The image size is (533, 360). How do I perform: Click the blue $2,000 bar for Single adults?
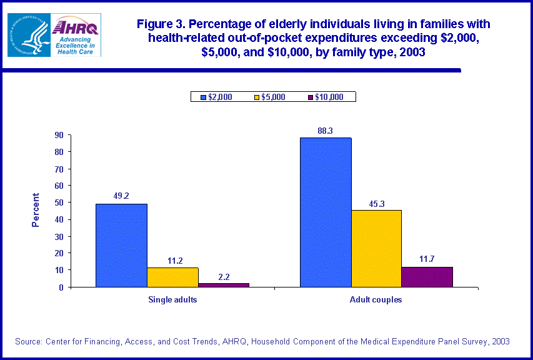pyautogui.click(x=121, y=245)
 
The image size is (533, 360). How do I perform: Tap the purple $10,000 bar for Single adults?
pyautogui.click(x=223, y=284)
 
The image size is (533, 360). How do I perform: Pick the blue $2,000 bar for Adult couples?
pyautogui.click(x=326, y=212)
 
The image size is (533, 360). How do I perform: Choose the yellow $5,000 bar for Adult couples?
pyautogui.click(x=376, y=248)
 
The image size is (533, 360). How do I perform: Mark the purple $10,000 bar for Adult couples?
pyautogui.click(x=427, y=277)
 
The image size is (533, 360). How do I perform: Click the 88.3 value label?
pyautogui.click(x=326, y=131)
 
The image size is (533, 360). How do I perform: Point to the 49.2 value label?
pyautogui.click(x=121, y=196)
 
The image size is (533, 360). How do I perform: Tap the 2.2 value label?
pyautogui.click(x=223, y=276)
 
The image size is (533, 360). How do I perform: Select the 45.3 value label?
pyautogui.click(x=376, y=202)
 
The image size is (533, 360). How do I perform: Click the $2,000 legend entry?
pyautogui.click(x=216, y=97)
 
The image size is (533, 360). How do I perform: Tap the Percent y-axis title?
pyautogui.click(x=36, y=210)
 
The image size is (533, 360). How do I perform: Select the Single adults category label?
pyautogui.click(x=172, y=299)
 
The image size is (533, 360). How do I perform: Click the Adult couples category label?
pyautogui.click(x=376, y=299)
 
